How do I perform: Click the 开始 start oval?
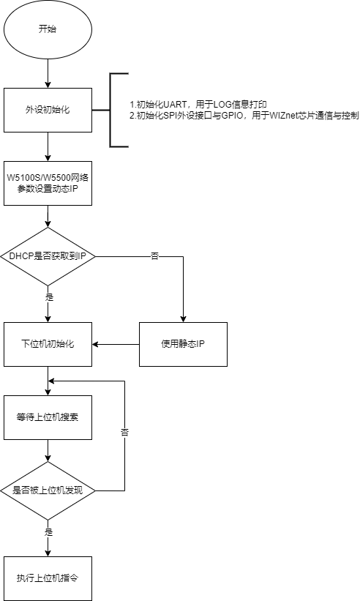[48, 29]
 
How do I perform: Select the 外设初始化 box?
[48, 110]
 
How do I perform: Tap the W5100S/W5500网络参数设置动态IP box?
[48, 183]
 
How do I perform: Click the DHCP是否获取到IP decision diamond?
[48, 256]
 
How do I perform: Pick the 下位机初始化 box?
[48, 344]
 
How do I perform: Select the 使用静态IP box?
[183, 344]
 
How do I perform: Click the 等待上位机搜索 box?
[48, 417]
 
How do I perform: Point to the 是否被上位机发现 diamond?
[48, 490]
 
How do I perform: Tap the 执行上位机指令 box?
[48, 578]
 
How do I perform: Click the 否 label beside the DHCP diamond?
[154, 256]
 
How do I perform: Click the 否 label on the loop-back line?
[125, 433]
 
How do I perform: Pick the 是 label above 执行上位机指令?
[48, 532]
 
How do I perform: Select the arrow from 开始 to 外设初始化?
[48, 73]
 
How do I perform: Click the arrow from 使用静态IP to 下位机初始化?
[116, 344]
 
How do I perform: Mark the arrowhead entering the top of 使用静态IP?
[183, 319]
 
